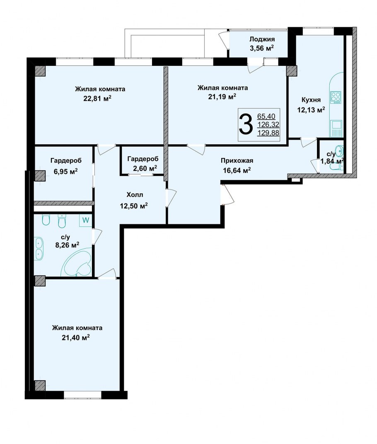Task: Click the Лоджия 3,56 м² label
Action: coord(261,44)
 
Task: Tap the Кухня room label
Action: coord(311,99)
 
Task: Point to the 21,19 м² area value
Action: coord(222,97)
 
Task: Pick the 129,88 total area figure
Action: coord(268,133)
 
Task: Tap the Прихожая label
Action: coord(237,161)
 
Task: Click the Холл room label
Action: coord(135,195)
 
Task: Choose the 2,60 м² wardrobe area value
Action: coord(145,168)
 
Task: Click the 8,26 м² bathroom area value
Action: coord(67,245)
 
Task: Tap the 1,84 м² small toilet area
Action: coord(332,161)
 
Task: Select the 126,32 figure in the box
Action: coord(268,124)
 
